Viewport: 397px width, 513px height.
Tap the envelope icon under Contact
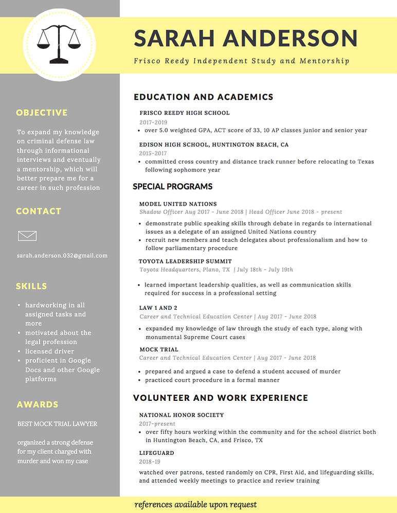click(x=27, y=236)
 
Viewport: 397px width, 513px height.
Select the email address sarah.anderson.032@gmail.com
click(x=62, y=255)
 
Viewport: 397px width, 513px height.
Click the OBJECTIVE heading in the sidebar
click(x=42, y=113)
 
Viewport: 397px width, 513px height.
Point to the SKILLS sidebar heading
click(x=31, y=286)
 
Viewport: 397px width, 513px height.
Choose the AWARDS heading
click(x=37, y=404)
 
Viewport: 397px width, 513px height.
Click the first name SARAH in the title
click(x=175, y=39)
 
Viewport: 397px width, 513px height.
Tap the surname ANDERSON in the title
click(x=290, y=39)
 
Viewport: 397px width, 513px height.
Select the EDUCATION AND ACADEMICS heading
click(x=203, y=97)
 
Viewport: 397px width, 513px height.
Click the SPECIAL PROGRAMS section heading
click(x=172, y=186)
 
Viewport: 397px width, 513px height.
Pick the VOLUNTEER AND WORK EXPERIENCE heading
click(x=220, y=398)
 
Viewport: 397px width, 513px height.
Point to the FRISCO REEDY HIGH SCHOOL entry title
click(x=184, y=113)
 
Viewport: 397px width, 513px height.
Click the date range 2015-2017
click(x=153, y=153)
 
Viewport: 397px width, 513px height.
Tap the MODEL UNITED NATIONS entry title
click(x=178, y=204)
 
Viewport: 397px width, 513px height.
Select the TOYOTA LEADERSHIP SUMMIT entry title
click(x=185, y=261)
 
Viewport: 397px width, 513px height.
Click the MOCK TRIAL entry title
click(x=158, y=349)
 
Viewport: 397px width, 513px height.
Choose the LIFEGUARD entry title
click(x=156, y=453)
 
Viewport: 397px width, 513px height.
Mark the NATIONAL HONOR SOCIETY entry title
click(x=181, y=415)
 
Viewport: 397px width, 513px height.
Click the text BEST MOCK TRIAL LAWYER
click(x=57, y=424)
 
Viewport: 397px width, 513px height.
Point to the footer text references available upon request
click(x=195, y=505)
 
